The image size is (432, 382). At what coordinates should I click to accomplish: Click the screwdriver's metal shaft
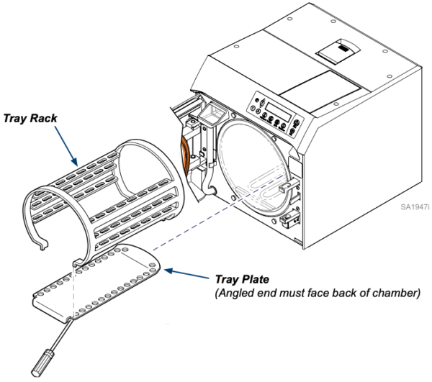tap(63, 333)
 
